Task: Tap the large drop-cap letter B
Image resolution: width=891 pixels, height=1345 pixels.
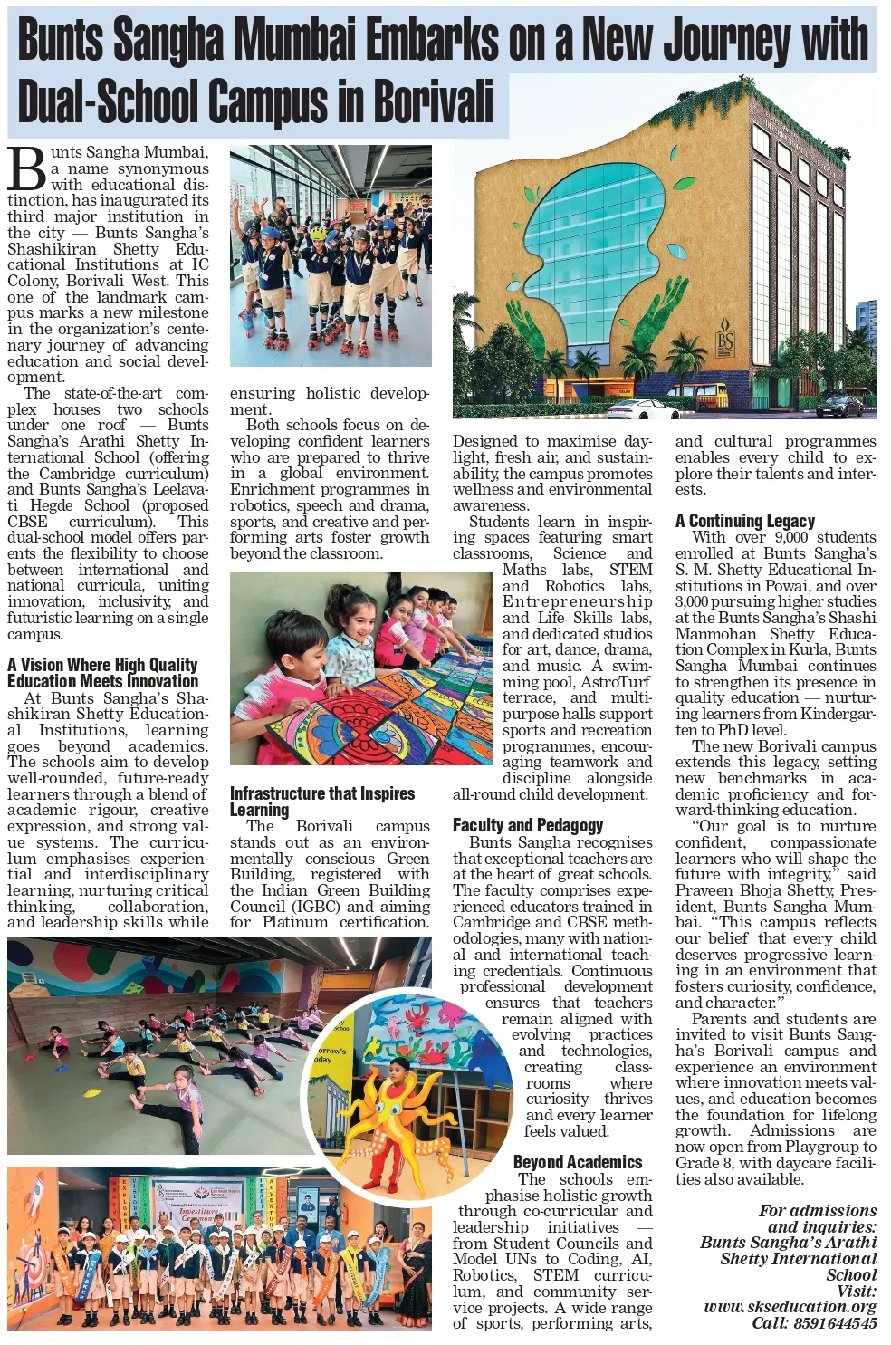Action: [x=27, y=169]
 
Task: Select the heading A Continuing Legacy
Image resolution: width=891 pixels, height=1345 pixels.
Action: [x=744, y=521]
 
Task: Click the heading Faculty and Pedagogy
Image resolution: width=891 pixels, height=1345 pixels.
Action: [x=527, y=825]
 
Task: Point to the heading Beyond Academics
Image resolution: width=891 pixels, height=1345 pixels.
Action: [x=577, y=1162]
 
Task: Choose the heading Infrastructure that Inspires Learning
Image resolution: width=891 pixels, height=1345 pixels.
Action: [x=321, y=802]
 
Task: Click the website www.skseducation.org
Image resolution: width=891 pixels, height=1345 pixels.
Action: [x=790, y=1307]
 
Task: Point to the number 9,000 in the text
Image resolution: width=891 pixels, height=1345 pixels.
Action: [x=791, y=537]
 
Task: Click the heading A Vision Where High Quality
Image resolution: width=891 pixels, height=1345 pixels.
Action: [x=102, y=665]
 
